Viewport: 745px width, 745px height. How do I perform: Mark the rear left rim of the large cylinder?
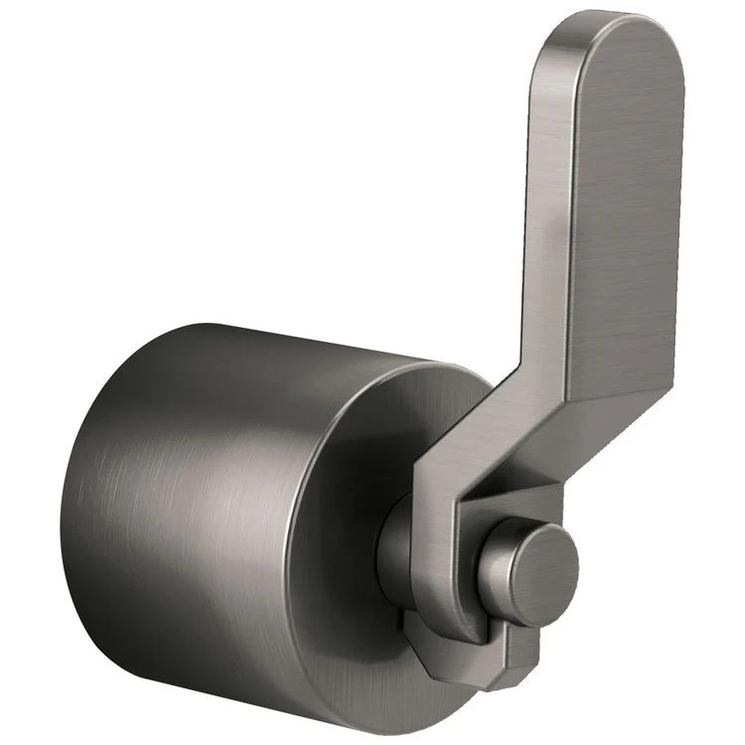(x=74, y=497)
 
